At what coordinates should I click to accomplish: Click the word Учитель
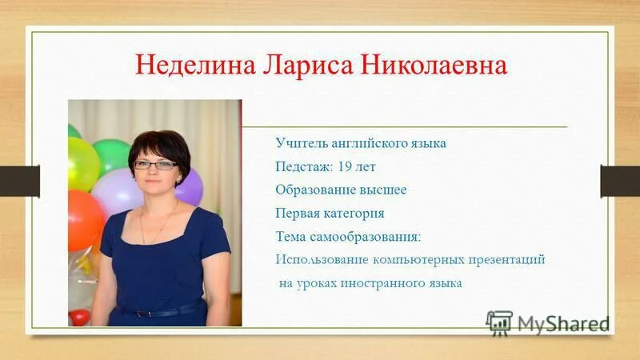coord(299,144)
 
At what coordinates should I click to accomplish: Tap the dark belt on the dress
coord(160,310)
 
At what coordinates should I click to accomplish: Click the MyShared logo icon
coord(499,322)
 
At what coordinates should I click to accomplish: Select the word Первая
coord(298,214)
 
